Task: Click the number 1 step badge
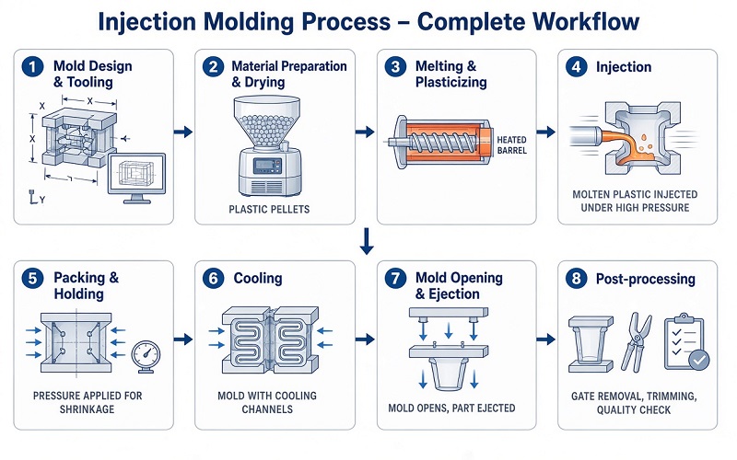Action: [32, 66]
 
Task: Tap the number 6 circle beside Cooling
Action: [214, 279]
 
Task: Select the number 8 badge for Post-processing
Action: [577, 279]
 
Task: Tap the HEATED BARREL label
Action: [512, 145]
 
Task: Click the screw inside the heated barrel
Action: [440, 141]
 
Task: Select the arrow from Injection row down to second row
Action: [367, 241]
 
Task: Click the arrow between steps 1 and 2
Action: [183, 132]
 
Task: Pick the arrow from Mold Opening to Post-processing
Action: [545, 339]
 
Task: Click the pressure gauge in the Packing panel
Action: [146, 357]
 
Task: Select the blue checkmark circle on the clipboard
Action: [699, 360]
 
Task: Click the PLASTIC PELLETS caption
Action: [269, 210]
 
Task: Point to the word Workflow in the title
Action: [587, 21]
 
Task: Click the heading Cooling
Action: [258, 279]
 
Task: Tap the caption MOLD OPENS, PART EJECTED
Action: [451, 408]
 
